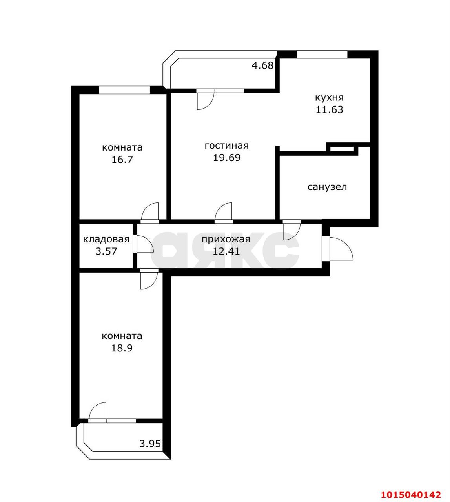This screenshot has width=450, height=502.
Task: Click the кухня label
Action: click(329, 98)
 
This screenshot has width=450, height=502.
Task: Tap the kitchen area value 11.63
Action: click(329, 109)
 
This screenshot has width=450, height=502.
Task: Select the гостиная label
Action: click(227, 146)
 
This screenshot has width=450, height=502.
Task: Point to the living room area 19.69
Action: click(227, 158)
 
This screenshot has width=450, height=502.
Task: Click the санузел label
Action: click(327, 187)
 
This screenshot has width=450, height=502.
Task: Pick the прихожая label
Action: click(226, 240)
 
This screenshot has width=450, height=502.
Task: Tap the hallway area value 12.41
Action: click(226, 251)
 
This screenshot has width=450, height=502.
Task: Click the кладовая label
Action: click(106, 239)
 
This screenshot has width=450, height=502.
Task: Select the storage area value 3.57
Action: click(106, 251)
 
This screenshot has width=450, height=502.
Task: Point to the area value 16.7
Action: click(122, 160)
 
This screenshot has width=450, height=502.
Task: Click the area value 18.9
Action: click(122, 348)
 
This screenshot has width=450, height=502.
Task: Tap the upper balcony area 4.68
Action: click(262, 65)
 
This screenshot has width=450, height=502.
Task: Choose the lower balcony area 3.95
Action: click(150, 444)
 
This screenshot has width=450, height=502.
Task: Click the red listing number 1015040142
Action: click(411, 488)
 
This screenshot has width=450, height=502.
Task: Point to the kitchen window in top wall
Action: click(322, 54)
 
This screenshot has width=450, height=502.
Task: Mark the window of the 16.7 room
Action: click(125, 90)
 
